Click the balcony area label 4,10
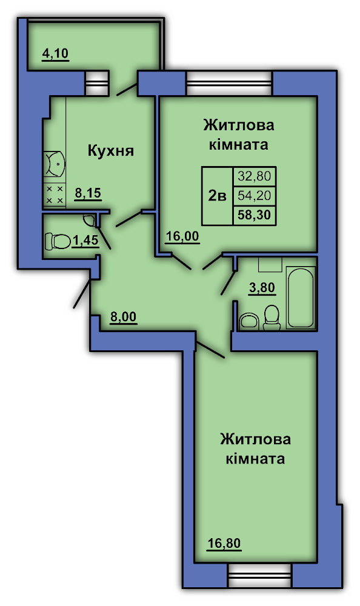[x=55, y=54]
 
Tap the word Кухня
[x=110, y=150]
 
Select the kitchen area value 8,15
[x=88, y=193]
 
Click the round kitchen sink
[x=55, y=164]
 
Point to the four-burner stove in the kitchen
[x=55, y=195]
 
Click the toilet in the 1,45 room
[x=57, y=241]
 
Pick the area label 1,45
[x=85, y=241]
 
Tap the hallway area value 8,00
[x=124, y=318]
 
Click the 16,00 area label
[x=182, y=236]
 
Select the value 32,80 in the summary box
[x=255, y=176]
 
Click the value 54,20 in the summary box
[x=255, y=196]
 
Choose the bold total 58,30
[x=255, y=215]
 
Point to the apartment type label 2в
[x=217, y=196]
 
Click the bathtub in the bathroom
[x=301, y=297]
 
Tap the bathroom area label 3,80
[x=262, y=288]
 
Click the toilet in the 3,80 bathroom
[x=272, y=318]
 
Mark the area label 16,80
[x=224, y=544]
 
